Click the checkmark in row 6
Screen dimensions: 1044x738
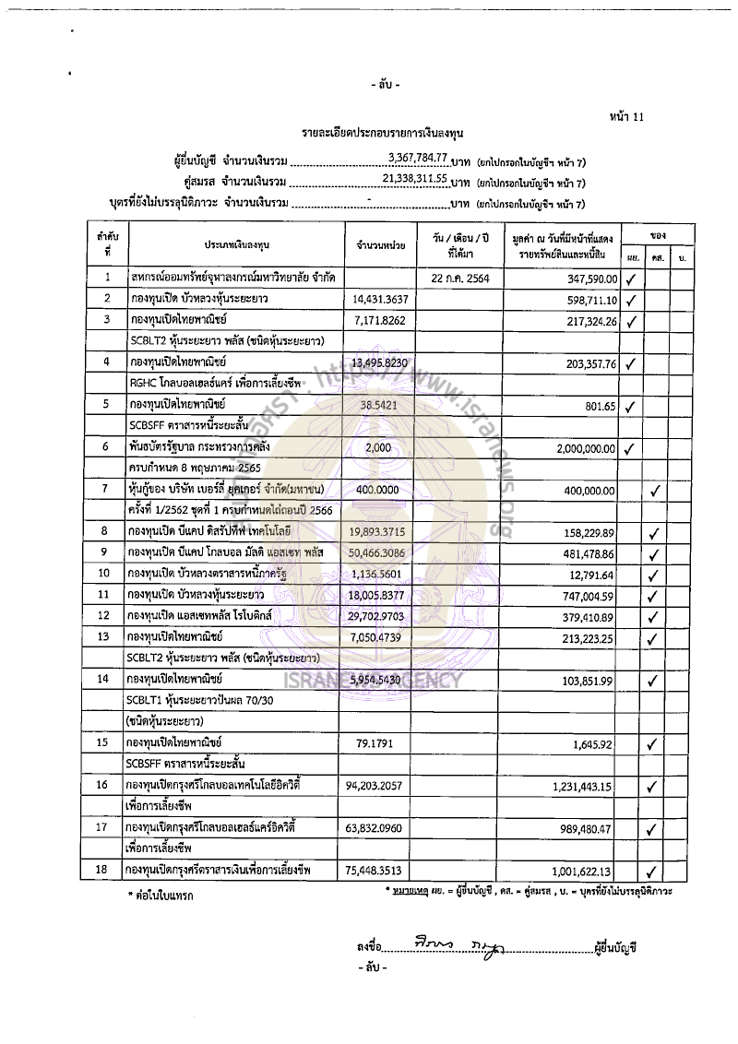632,449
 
